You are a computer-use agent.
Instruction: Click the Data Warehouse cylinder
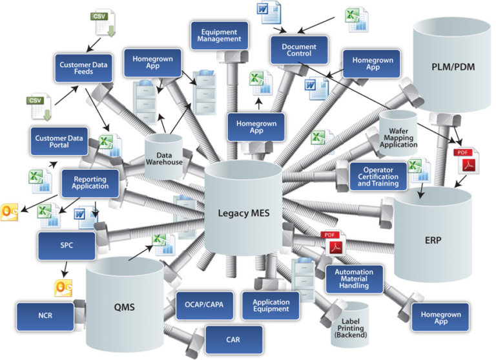[164, 158]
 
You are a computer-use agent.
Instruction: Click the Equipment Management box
[220, 35]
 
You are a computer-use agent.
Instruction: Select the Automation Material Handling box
[354, 277]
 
